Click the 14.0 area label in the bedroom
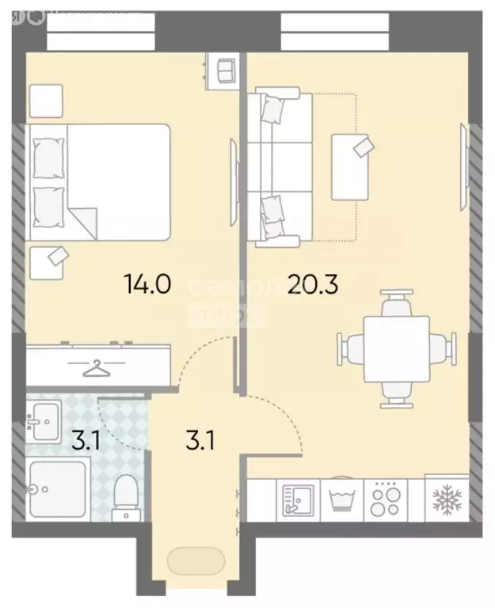point(147,283)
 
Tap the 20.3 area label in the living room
point(313,283)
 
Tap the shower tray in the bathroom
point(55,489)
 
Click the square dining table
point(396,348)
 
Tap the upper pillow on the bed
point(48,159)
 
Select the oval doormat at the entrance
point(195,562)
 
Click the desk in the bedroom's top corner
point(223,70)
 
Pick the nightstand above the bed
point(46,101)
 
